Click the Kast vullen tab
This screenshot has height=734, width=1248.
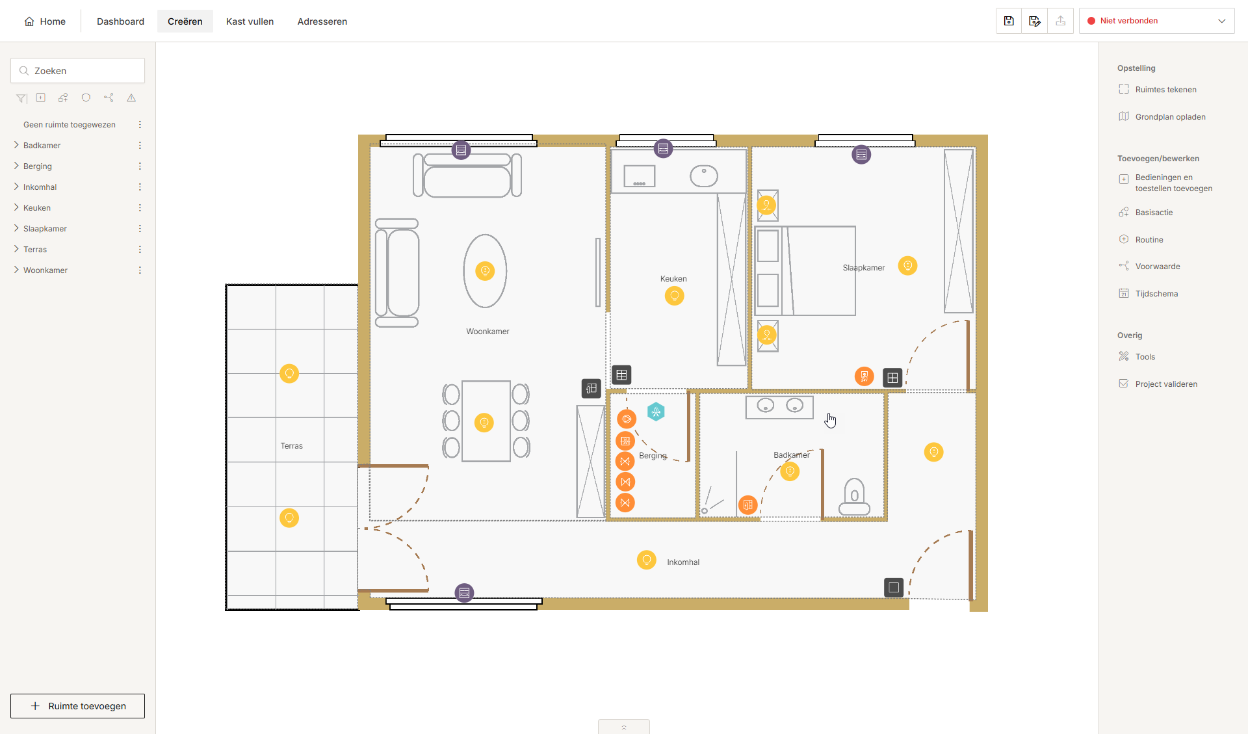(x=250, y=21)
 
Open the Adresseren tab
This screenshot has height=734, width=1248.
(x=322, y=21)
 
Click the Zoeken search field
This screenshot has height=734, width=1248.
(x=77, y=71)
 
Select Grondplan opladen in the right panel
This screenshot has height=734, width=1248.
(x=1170, y=117)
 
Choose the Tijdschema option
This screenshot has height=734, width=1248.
(x=1156, y=294)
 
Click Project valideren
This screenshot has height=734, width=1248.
(x=1166, y=384)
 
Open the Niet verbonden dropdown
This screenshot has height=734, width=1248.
(x=1156, y=21)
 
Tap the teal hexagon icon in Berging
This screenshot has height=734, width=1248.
(x=656, y=412)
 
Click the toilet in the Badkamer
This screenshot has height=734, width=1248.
(x=854, y=497)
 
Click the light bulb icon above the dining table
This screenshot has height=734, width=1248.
(x=484, y=423)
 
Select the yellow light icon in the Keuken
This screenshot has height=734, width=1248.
(x=674, y=296)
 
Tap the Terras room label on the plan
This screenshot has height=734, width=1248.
(x=291, y=446)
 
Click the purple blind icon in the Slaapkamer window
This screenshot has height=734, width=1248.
(x=861, y=155)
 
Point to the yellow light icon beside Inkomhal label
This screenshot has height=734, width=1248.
(x=646, y=560)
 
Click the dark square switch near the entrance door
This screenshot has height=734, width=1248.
(x=894, y=588)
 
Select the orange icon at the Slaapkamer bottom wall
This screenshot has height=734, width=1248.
(x=864, y=376)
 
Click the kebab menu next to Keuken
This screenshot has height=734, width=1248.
(x=140, y=208)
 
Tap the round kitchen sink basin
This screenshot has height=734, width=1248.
(x=703, y=176)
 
